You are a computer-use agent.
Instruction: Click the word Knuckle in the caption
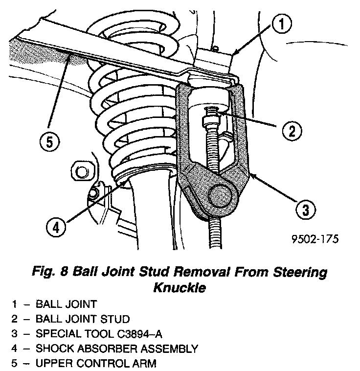tap(180, 288)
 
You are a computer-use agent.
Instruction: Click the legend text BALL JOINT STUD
tap(83, 320)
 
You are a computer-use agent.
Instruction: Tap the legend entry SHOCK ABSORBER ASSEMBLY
tap(116, 349)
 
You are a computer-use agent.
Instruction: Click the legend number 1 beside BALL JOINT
tap(15, 304)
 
